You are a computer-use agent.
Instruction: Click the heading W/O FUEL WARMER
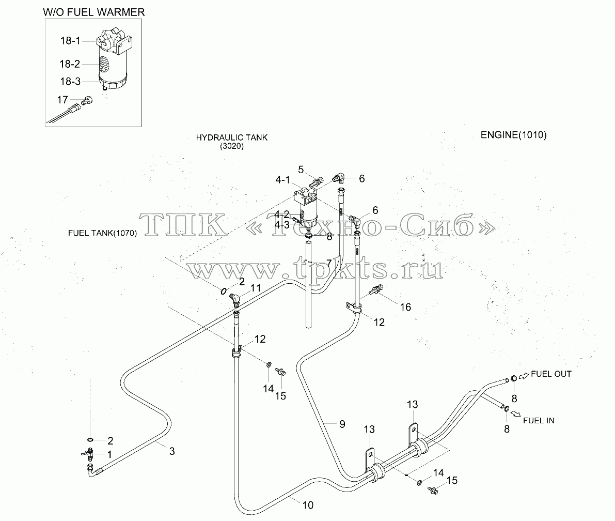pyautogui.click(x=94, y=12)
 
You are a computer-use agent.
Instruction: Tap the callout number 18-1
pyautogui.click(x=70, y=40)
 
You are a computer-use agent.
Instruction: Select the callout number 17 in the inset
pyautogui.click(x=62, y=100)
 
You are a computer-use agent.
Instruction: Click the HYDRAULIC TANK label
pyautogui.click(x=232, y=137)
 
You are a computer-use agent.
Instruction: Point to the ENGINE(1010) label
pyautogui.click(x=513, y=135)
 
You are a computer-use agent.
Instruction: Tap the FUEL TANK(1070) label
pyautogui.click(x=102, y=233)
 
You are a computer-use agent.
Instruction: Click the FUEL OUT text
pyautogui.click(x=551, y=374)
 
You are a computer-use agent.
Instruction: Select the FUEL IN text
pyautogui.click(x=539, y=421)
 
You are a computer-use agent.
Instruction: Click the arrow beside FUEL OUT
pyautogui.click(x=524, y=376)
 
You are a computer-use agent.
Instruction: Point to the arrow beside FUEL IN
pyautogui.click(x=516, y=414)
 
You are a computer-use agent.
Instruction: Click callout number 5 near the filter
pyautogui.click(x=301, y=170)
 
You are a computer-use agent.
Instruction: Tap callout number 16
pyautogui.click(x=405, y=307)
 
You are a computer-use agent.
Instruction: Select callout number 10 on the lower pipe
pyautogui.click(x=308, y=505)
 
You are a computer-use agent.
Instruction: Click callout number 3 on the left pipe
pyautogui.click(x=172, y=451)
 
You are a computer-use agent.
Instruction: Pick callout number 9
pyautogui.click(x=342, y=424)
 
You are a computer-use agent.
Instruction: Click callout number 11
pyautogui.click(x=256, y=288)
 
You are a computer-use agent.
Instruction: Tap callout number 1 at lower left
pyautogui.click(x=109, y=454)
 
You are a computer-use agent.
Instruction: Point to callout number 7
pyautogui.click(x=329, y=263)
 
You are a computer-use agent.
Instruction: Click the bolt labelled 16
pyautogui.click(x=376, y=290)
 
